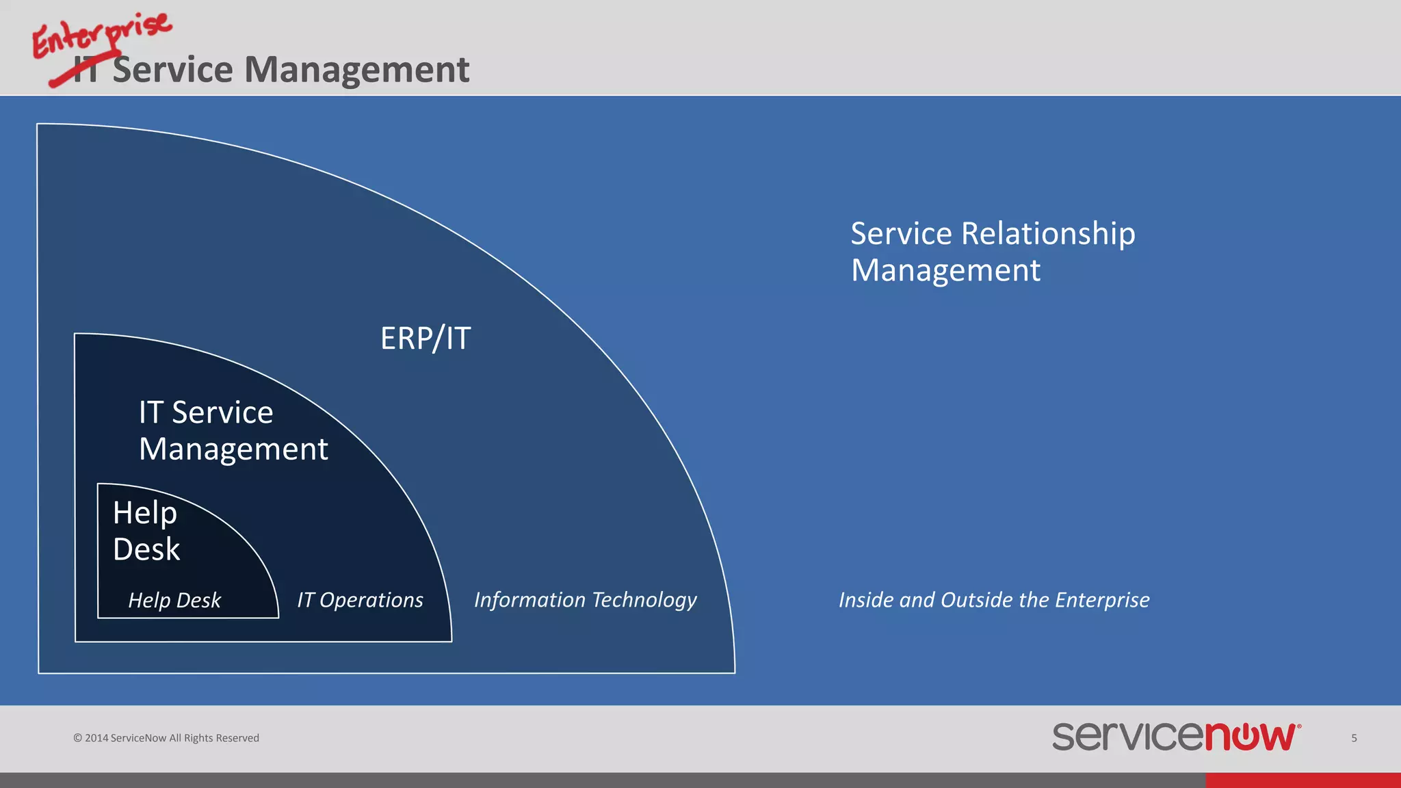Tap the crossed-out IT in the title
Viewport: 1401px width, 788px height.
click(86, 71)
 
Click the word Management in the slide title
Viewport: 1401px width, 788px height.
click(356, 70)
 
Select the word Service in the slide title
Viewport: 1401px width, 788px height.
click(172, 70)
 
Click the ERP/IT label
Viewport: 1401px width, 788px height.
click(425, 339)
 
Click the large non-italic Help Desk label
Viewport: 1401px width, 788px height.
click(146, 531)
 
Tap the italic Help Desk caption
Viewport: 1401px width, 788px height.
click(174, 600)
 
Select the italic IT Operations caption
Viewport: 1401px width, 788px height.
click(360, 600)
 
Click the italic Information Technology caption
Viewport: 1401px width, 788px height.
click(585, 600)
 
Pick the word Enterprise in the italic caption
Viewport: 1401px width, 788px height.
click(1102, 600)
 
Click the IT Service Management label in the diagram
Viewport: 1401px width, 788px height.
click(233, 431)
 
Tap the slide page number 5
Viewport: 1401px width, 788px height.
click(1354, 738)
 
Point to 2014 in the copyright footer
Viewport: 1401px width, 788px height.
click(96, 738)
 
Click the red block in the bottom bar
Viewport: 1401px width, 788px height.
click(1302, 780)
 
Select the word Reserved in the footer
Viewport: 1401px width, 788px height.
click(237, 738)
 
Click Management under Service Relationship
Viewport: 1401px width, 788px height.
click(945, 271)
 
